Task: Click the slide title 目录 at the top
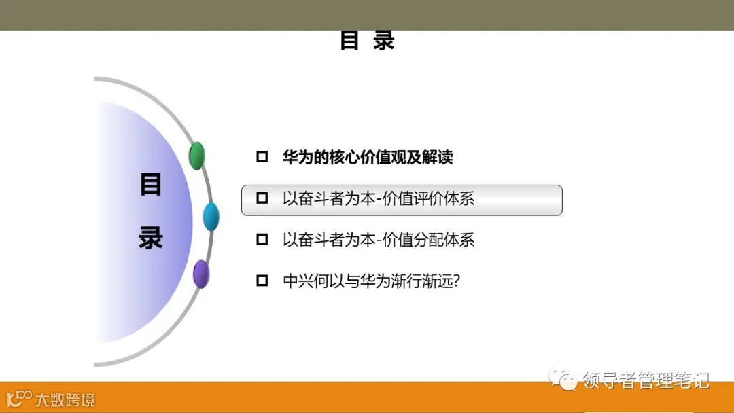(x=367, y=41)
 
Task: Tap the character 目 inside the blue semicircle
(x=150, y=185)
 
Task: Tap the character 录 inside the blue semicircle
(x=150, y=237)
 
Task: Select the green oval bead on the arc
(x=196, y=156)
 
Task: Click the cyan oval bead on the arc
(x=211, y=217)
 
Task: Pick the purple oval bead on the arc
(x=201, y=274)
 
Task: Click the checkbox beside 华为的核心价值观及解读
(x=262, y=158)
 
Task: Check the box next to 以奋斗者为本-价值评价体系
(x=262, y=198)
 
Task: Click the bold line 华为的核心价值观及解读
(x=368, y=158)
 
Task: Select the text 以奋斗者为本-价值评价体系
(x=379, y=198)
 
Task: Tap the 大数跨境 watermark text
(x=65, y=399)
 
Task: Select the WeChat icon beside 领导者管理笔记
(x=563, y=379)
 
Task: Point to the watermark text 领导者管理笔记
(x=646, y=380)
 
